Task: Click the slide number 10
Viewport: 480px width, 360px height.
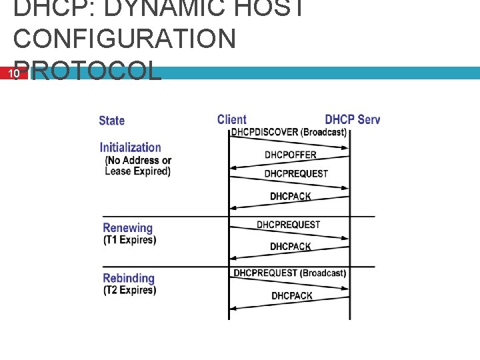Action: coord(13,74)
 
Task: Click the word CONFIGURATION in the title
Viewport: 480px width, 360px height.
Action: coord(125,38)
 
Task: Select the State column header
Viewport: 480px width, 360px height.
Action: coord(111,121)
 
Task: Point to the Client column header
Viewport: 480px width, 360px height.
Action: coord(231,120)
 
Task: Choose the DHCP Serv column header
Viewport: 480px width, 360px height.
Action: coord(352,120)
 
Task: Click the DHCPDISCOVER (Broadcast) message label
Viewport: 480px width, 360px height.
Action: coord(289,132)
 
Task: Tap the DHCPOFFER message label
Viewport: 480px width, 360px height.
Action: coord(291,155)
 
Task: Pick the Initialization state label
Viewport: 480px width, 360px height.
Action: coord(130,147)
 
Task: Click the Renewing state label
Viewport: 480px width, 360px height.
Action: coord(127,228)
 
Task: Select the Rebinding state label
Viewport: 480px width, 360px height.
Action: coord(128,278)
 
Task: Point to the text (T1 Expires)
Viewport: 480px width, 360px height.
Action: coord(129,240)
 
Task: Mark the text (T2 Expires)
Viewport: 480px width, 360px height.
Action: coord(129,290)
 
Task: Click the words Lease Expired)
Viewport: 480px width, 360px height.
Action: coord(137,171)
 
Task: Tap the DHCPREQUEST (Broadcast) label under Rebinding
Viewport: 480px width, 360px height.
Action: coord(289,273)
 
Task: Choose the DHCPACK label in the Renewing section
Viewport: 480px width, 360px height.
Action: coord(291,247)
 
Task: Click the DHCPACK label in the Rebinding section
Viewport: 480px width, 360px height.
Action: coord(291,295)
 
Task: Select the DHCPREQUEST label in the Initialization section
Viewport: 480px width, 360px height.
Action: coord(296,174)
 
